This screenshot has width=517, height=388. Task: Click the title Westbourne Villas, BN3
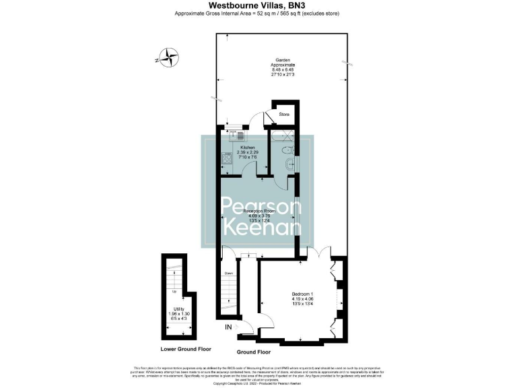tap(258, 5)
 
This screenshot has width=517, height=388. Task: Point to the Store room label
tap(283, 115)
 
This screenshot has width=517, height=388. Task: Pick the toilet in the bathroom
tap(287, 165)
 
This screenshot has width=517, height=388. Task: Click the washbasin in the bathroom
tap(289, 149)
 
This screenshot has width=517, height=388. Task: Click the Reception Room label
tap(258, 211)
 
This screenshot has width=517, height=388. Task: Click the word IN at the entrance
tap(229, 328)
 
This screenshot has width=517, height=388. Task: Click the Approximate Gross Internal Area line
tap(258, 13)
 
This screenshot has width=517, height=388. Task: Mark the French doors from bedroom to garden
tap(315, 254)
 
